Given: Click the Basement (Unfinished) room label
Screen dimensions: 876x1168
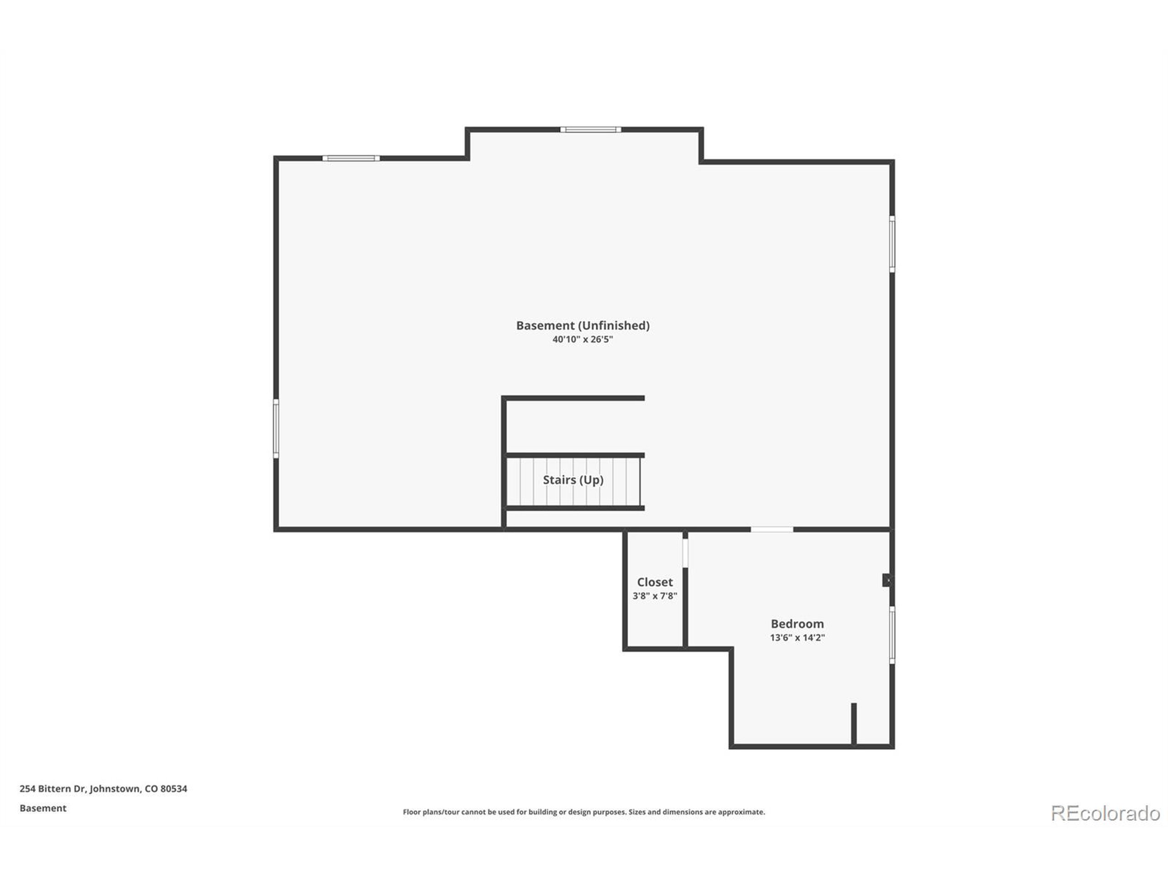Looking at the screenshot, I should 583,325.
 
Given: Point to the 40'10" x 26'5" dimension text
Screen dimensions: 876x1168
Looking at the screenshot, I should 583,339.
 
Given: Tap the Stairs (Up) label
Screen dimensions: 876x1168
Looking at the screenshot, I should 573,480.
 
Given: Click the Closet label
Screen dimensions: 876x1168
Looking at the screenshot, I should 655,582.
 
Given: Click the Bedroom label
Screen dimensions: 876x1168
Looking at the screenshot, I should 797,624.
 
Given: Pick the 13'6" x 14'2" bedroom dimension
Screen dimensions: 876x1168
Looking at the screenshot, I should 797,637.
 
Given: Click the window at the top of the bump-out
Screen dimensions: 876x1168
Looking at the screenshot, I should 590,130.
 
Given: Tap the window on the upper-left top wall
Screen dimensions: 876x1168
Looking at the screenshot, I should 350,158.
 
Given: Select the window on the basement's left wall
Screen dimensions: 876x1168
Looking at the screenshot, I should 276,428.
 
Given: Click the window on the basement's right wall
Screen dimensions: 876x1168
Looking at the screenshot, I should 892,244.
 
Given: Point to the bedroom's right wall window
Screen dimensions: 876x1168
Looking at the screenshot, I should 892,635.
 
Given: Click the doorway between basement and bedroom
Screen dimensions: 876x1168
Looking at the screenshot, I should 772,529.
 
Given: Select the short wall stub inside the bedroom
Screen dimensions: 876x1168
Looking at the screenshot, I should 854,724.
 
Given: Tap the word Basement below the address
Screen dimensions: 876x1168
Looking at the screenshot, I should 43,808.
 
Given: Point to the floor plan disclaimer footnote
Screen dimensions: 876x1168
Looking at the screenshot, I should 584,812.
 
